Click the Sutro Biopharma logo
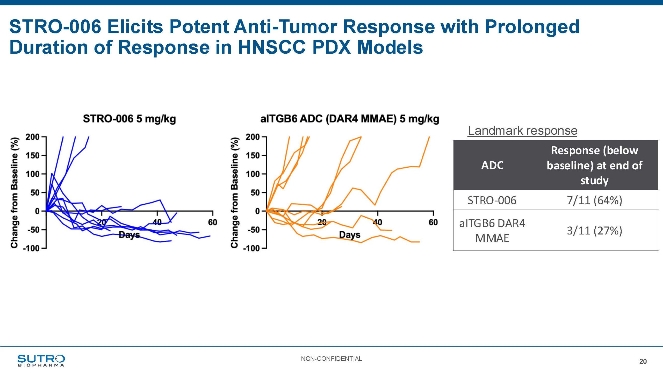pyautogui.click(x=41, y=361)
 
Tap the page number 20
pyautogui.click(x=643, y=361)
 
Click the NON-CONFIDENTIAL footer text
pyautogui.click(x=331, y=359)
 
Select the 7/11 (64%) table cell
pyautogui.click(x=594, y=200)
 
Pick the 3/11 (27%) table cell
pyautogui.click(x=594, y=231)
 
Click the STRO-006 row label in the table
pyautogui.click(x=492, y=200)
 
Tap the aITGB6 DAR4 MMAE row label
pyautogui.click(x=492, y=231)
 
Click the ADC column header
pyautogui.click(x=492, y=165)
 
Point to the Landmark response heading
pyautogui.click(x=523, y=131)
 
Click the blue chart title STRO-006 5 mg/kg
pyautogui.click(x=129, y=119)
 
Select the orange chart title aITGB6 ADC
pyautogui.click(x=350, y=119)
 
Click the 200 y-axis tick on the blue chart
pyautogui.click(x=32, y=137)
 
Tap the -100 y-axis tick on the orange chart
pyautogui.click(x=251, y=248)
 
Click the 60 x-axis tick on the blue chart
pyautogui.click(x=213, y=222)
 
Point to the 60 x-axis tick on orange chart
pyautogui.click(x=433, y=222)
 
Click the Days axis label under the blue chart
pyautogui.click(x=129, y=235)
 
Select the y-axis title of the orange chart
pyautogui.click(x=234, y=192)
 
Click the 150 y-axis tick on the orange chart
pyautogui.click(x=253, y=155)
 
